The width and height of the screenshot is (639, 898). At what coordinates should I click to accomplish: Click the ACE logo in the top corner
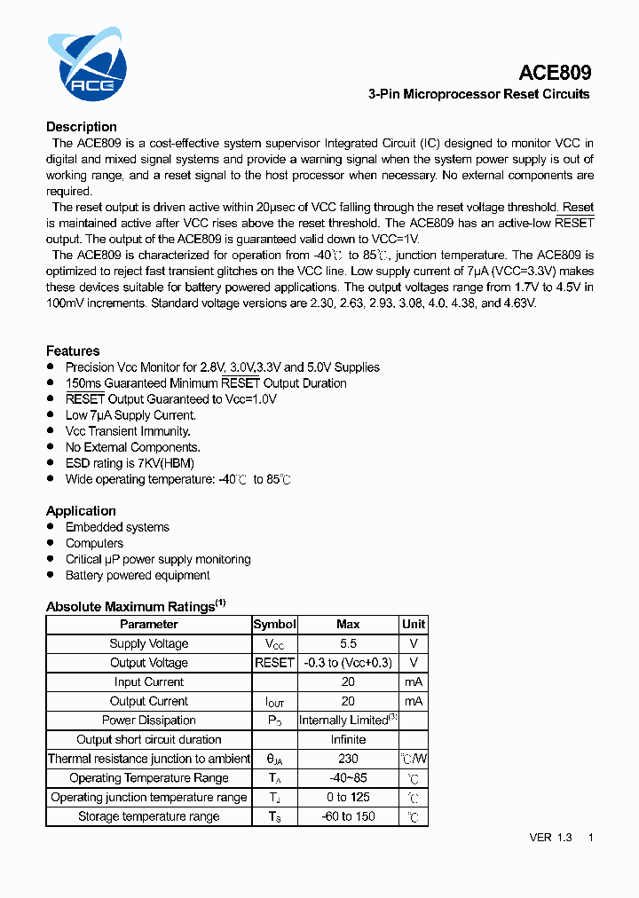(87, 64)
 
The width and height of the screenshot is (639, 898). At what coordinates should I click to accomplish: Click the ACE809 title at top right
(556, 73)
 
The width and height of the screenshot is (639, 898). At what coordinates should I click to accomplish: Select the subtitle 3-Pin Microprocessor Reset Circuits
(478, 94)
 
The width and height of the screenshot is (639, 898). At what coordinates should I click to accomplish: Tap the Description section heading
(82, 127)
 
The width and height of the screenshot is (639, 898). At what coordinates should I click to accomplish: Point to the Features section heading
(73, 351)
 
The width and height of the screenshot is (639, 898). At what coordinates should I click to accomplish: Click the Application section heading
(81, 511)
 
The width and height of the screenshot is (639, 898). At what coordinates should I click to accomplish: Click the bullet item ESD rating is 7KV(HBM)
(130, 463)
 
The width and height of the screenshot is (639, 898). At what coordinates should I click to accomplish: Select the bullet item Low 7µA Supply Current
(130, 415)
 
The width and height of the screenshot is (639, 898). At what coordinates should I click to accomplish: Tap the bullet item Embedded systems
(117, 527)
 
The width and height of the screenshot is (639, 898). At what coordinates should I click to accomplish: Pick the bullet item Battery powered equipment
(138, 575)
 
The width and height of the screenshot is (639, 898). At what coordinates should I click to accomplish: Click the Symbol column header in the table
(274, 625)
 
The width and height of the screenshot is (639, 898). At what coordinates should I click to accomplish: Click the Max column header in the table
(348, 625)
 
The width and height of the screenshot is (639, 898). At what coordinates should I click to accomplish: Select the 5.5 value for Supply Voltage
(348, 643)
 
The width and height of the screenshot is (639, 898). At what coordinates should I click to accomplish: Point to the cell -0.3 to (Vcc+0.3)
(348, 663)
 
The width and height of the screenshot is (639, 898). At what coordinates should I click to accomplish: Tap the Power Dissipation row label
(148, 721)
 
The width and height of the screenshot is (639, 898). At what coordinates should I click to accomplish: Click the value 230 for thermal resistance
(348, 759)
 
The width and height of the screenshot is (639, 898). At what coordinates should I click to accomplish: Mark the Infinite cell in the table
(348, 739)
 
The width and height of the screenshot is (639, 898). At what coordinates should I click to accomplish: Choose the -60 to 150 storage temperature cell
(348, 816)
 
